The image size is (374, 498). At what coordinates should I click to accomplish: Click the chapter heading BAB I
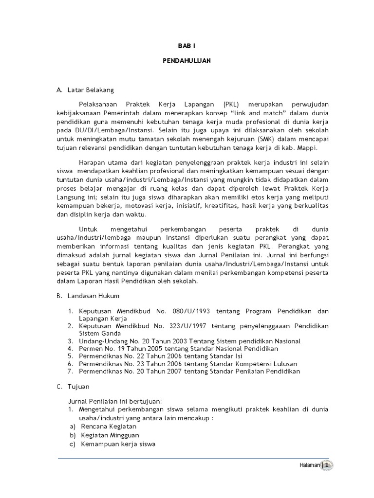click(187, 46)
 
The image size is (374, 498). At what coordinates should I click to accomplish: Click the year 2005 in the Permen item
click(156, 349)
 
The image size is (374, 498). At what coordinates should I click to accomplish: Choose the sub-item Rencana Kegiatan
click(109, 426)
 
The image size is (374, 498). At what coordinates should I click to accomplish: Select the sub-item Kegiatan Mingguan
click(110, 435)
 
